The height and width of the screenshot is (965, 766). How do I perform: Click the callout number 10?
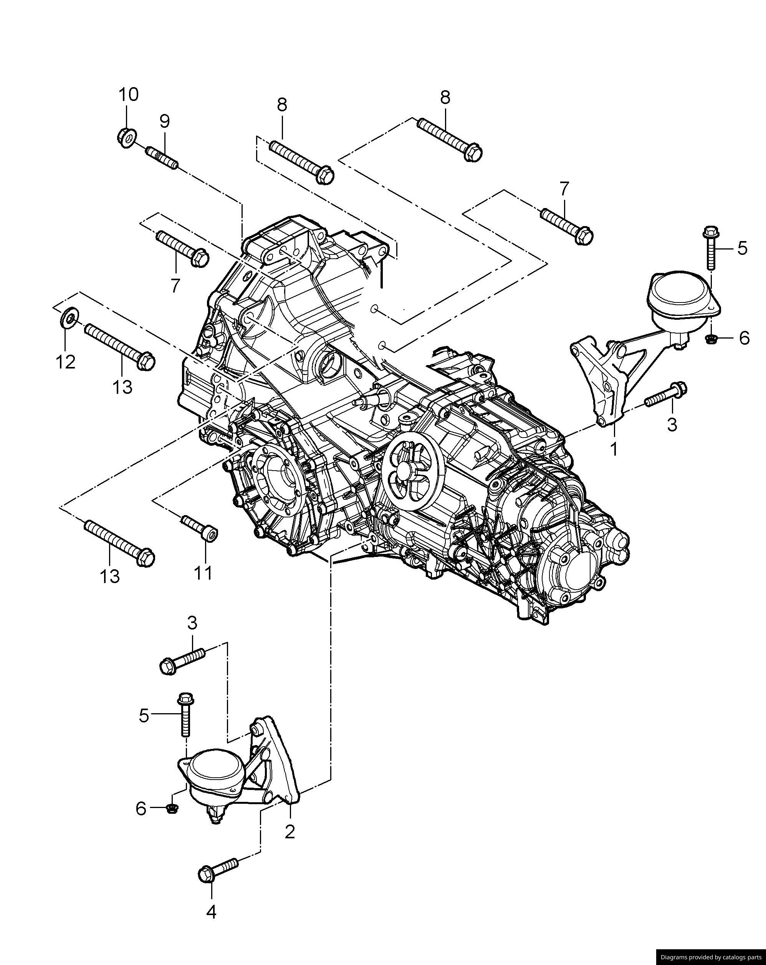coord(129,95)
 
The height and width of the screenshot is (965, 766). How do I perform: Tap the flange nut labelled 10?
coord(127,137)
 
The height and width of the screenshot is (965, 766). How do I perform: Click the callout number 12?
coord(66,362)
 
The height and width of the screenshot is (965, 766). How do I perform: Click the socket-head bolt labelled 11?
coord(200,528)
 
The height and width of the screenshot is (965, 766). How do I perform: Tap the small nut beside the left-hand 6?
coord(170,808)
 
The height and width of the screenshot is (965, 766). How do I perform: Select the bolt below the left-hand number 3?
coord(183,661)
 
